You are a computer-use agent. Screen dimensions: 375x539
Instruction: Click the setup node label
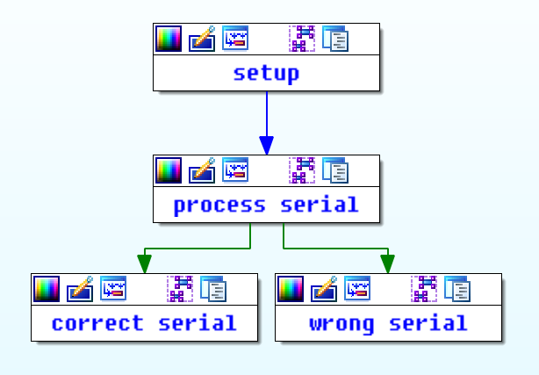tap(266, 73)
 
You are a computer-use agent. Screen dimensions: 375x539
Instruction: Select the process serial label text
tap(266, 205)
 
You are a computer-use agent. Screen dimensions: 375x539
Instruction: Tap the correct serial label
tap(144, 323)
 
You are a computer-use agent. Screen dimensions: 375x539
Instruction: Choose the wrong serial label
tap(388, 323)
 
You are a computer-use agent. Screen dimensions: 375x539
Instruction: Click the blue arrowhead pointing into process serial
tap(266, 145)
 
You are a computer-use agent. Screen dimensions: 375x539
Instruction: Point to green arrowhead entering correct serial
tap(144, 263)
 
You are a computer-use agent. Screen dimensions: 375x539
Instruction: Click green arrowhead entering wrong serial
tap(387, 263)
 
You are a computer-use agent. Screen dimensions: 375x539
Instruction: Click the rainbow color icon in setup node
tap(169, 39)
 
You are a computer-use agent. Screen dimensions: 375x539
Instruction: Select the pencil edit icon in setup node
tap(202, 39)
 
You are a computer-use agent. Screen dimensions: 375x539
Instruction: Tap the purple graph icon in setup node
tap(302, 39)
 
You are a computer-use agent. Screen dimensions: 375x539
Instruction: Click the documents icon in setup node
tap(335, 39)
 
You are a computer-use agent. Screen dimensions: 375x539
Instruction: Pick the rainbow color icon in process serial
tap(169, 170)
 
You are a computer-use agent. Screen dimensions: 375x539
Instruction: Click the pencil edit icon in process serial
tap(202, 170)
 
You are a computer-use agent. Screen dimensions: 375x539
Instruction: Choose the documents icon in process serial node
tap(335, 170)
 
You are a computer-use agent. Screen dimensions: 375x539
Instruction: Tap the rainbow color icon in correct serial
tap(47, 289)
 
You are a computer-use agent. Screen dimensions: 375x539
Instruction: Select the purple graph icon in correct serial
tap(180, 289)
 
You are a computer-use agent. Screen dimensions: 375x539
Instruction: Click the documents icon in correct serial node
tap(213, 289)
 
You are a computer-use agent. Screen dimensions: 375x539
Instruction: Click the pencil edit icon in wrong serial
tap(324, 289)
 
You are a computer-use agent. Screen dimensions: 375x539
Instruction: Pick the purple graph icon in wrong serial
tap(424, 289)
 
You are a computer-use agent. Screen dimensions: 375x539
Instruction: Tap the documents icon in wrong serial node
tap(457, 289)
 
